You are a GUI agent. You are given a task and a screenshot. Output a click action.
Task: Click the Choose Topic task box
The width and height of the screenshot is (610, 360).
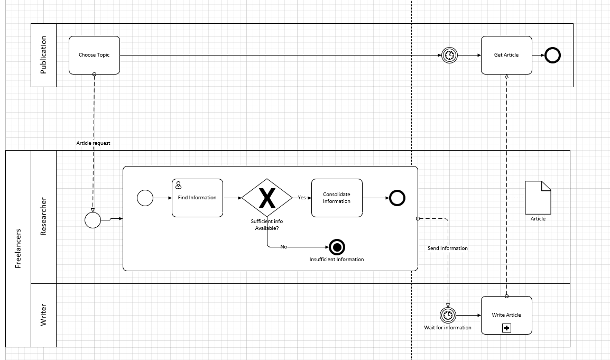[x=94, y=55]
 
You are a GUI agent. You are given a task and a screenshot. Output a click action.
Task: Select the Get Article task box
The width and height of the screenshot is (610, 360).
[x=506, y=55]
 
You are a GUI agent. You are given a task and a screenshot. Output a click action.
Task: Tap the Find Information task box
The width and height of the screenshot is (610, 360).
[x=197, y=198]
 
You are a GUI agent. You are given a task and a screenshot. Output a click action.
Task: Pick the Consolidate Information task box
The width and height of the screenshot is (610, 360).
[x=337, y=198]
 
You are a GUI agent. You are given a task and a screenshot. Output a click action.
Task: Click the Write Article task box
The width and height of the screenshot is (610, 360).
[x=506, y=315]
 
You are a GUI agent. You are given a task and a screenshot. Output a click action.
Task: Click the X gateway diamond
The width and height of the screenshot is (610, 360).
[x=267, y=198]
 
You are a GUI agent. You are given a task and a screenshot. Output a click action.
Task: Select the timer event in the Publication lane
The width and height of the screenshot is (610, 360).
[x=449, y=55]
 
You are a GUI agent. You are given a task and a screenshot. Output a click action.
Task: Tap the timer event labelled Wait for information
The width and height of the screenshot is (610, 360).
[x=448, y=315]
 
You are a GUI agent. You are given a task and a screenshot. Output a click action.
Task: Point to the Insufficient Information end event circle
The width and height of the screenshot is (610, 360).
[x=337, y=247]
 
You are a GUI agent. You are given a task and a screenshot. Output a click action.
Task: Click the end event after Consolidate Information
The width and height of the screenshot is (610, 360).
[x=397, y=198]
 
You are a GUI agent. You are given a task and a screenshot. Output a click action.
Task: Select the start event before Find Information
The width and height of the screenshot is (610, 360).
[x=145, y=198]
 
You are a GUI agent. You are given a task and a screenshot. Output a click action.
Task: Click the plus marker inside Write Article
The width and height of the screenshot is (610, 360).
[x=506, y=328]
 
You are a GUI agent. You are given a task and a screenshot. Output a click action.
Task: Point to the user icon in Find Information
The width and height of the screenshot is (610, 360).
[x=179, y=185]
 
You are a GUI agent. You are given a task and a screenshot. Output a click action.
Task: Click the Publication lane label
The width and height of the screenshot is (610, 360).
[x=43, y=54]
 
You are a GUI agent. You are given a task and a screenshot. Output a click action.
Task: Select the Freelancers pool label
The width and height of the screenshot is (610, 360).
[x=18, y=248]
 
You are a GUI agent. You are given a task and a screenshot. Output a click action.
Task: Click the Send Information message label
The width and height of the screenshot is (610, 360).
[x=447, y=248]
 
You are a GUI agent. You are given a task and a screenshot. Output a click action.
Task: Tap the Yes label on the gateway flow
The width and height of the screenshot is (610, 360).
[x=302, y=198]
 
